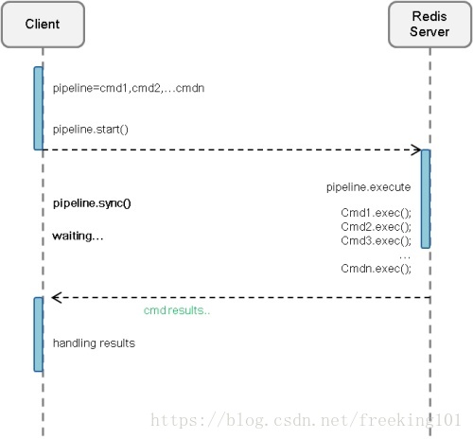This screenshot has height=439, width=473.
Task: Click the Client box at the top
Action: tap(43, 25)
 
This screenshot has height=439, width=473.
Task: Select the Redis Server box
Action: tap(429, 25)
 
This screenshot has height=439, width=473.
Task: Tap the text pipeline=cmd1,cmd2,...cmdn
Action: tap(129, 88)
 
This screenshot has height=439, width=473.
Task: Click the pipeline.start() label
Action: tap(91, 130)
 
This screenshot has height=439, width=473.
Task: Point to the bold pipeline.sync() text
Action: tap(92, 203)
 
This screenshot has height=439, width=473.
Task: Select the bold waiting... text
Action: tap(78, 236)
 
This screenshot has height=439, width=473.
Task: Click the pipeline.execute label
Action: tap(368, 187)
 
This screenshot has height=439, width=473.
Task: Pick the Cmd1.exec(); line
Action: tap(376, 213)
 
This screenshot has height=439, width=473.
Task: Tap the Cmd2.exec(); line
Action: tap(376, 227)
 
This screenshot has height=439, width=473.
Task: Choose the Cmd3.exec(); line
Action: tap(376, 240)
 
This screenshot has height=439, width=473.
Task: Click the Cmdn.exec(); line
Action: tap(376, 269)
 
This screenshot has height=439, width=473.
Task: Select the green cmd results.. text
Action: tap(177, 310)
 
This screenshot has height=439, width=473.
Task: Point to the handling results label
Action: tap(94, 342)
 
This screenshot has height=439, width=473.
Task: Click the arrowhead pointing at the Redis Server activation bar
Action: tap(417, 149)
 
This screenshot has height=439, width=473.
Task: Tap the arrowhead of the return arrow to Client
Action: tap(56, 297)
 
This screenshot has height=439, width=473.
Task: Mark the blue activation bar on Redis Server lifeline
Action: tap(426, 199)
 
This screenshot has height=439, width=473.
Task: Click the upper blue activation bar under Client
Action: tap(39, 108)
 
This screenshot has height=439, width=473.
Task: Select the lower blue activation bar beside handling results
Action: tap(39, 334)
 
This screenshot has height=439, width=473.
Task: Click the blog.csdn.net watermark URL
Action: tap(306, 420)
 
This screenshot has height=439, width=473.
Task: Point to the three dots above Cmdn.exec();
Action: tap(405, 257)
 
